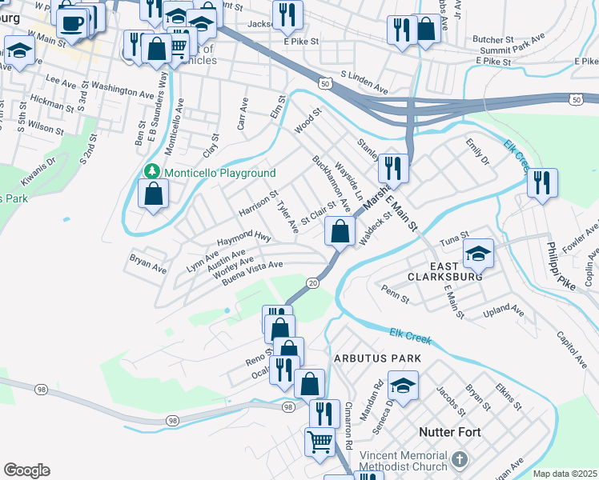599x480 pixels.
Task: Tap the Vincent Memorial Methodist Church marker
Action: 459,459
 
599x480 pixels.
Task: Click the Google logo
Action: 26,470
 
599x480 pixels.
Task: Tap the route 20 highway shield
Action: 312,283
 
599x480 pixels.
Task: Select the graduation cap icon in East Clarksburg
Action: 478,254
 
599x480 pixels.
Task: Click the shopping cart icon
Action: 320,440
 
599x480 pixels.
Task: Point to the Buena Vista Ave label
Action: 253,272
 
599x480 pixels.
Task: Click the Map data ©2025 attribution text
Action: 565,474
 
